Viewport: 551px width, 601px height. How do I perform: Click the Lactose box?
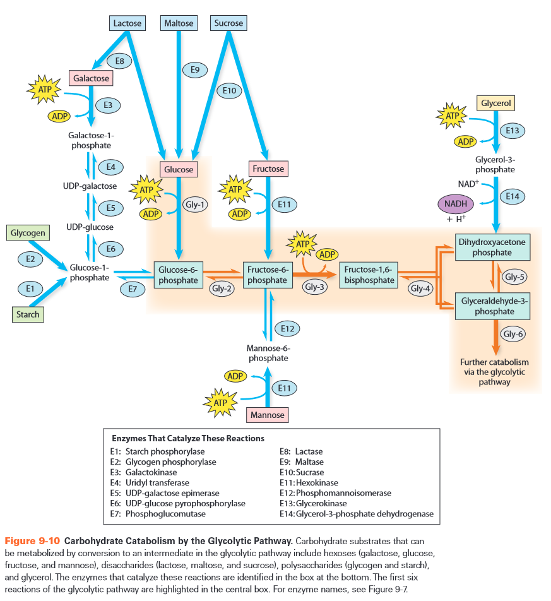click(x=127, y=23)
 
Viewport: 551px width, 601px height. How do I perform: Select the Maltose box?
click(x=178, y=23)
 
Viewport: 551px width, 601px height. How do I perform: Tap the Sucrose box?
click(x=228, y=23)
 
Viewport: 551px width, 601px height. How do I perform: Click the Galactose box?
click(x=91, y=78)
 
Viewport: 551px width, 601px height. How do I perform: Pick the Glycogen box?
click(x=28, y=233)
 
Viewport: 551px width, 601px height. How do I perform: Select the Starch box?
click(x=28, y=314)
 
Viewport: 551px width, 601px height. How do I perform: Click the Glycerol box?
click(x=496, y=103)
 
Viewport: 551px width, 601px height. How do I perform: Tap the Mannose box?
click(x=268, y=415)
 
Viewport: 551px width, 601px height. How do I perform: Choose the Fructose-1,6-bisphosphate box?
click(x=369, y=275)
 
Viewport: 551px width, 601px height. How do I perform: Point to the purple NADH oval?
click(x=455, y=205)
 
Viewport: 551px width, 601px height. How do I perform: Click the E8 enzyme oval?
click(x=119, y=61)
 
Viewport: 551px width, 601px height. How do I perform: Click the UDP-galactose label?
click(x=90, y=186)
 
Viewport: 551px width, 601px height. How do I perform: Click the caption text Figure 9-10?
click(x=32, y=541)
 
